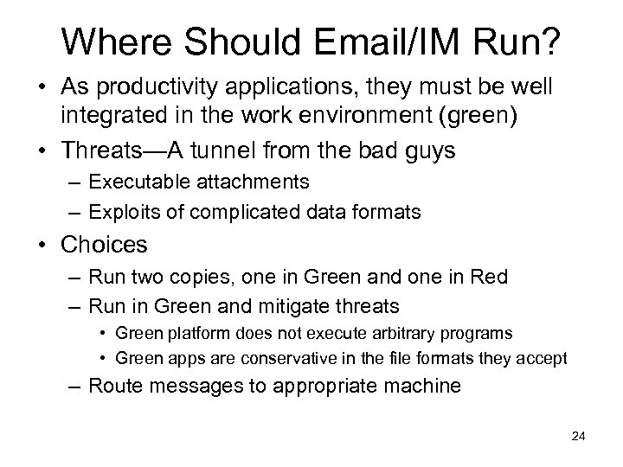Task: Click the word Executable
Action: click(133, 183)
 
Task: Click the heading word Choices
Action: click(104, 246)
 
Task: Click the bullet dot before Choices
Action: click(42, 246)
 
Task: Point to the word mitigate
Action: click(289, 304)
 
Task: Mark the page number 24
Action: click(578, 437)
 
